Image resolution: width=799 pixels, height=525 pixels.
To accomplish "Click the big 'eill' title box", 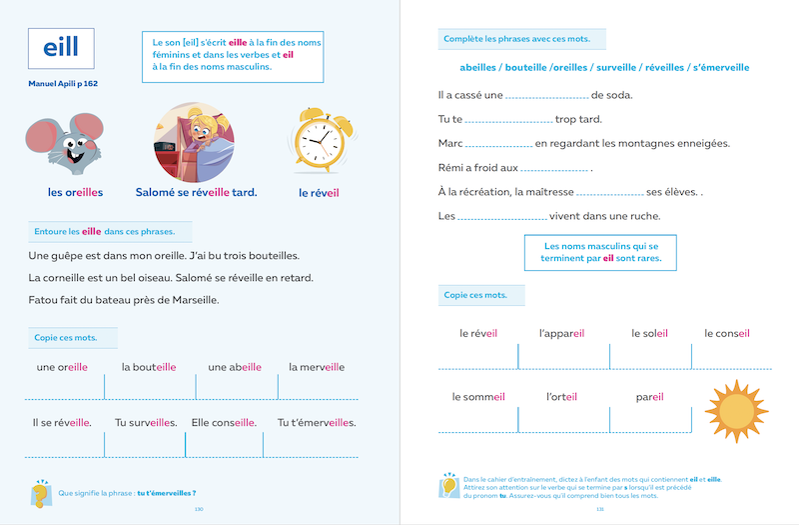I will click(x=62, y=48).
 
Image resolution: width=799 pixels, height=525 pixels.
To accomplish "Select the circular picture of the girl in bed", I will click(x=196, y=139).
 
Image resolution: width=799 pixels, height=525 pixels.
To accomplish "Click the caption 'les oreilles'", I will click(x=75, y=192).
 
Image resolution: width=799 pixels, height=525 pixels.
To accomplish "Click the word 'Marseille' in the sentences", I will click(x=186, y=299).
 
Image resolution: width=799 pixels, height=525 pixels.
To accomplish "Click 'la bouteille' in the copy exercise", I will click(x=149, y=367).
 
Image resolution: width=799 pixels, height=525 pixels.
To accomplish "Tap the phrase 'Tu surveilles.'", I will click(x=146, y=422).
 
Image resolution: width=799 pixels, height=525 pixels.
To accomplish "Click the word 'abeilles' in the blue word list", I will click(x=486, y=68).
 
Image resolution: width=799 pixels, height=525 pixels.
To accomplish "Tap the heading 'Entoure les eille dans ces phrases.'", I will click(x=104, y=231).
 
